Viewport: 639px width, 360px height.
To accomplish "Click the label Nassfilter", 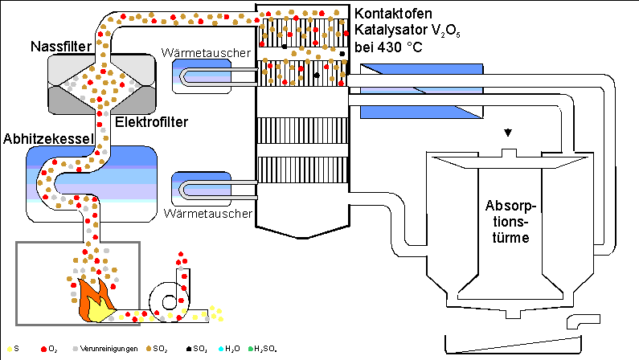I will point(59,46).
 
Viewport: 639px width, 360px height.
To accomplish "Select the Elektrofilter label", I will point(152,123).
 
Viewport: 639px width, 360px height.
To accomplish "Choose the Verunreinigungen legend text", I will point(104,350).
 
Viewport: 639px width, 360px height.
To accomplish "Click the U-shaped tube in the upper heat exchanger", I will point(217,76).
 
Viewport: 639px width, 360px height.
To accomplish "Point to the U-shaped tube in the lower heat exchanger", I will point(217,190).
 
